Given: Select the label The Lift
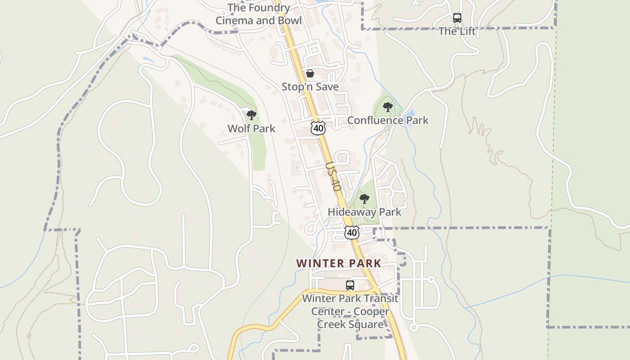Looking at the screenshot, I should click(x=457, y=31).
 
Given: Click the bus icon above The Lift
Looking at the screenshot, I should click(x=457, y=18).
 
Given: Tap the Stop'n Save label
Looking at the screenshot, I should click(x=310, y=86).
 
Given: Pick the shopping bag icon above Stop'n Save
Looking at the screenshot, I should click(x=310, y=73).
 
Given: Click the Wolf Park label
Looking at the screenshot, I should click(x=251, y=128).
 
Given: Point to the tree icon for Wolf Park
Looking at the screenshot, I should click(x=252, y=115).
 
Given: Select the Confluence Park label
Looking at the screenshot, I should click(x=387, y=120).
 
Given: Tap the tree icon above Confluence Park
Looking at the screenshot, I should click(x=387, y=107).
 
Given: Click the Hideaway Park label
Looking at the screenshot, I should click(x=364, y=211).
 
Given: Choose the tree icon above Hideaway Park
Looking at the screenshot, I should click(x=364, y=198).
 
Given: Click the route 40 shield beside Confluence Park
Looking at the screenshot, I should click(x=318, y=128).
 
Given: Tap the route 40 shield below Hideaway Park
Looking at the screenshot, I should click(x=352, y=232).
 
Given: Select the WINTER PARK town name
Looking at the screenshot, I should click(x=338, y=263).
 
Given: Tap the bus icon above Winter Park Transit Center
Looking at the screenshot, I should click(x=350, y=285).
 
